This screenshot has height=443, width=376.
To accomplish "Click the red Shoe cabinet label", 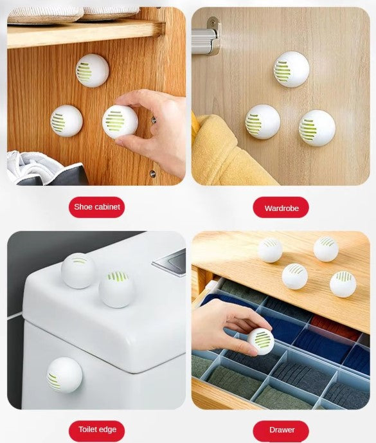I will [x=96, y=207].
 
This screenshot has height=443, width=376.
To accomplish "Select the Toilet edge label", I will [x=96, y=429].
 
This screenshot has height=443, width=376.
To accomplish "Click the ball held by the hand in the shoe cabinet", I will [x=120, y=122].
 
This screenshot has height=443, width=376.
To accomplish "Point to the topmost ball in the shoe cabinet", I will [x=92, y=70].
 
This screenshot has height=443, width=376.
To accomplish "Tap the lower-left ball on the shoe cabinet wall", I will [x=66, y=121].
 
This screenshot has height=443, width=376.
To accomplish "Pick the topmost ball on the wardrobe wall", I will [x=291, y=69].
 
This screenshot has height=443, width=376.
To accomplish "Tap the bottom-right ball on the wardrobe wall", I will [x=317, y=128].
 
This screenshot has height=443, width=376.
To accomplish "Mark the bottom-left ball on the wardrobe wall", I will [x=262, y=122].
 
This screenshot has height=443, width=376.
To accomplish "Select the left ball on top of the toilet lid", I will [x=78, y=271].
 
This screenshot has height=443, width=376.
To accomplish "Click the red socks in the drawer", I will [x=334, y=329].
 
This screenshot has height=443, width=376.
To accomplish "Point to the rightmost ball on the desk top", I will [x=343, y=284].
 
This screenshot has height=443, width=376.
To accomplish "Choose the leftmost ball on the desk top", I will [x=270, y=249].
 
